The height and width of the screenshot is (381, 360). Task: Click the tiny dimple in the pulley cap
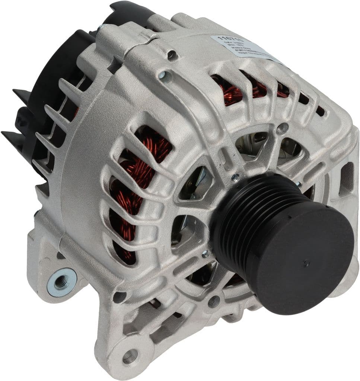tap(306, 264)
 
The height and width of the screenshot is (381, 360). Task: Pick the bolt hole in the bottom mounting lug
tap(128, 357)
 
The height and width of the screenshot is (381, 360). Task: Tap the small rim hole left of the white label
tap(172, 55)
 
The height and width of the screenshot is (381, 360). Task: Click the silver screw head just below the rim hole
tap(163, 76)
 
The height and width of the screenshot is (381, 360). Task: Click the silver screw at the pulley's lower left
tap(204, 255)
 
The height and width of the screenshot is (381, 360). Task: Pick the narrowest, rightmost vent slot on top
tap(320, 111)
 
